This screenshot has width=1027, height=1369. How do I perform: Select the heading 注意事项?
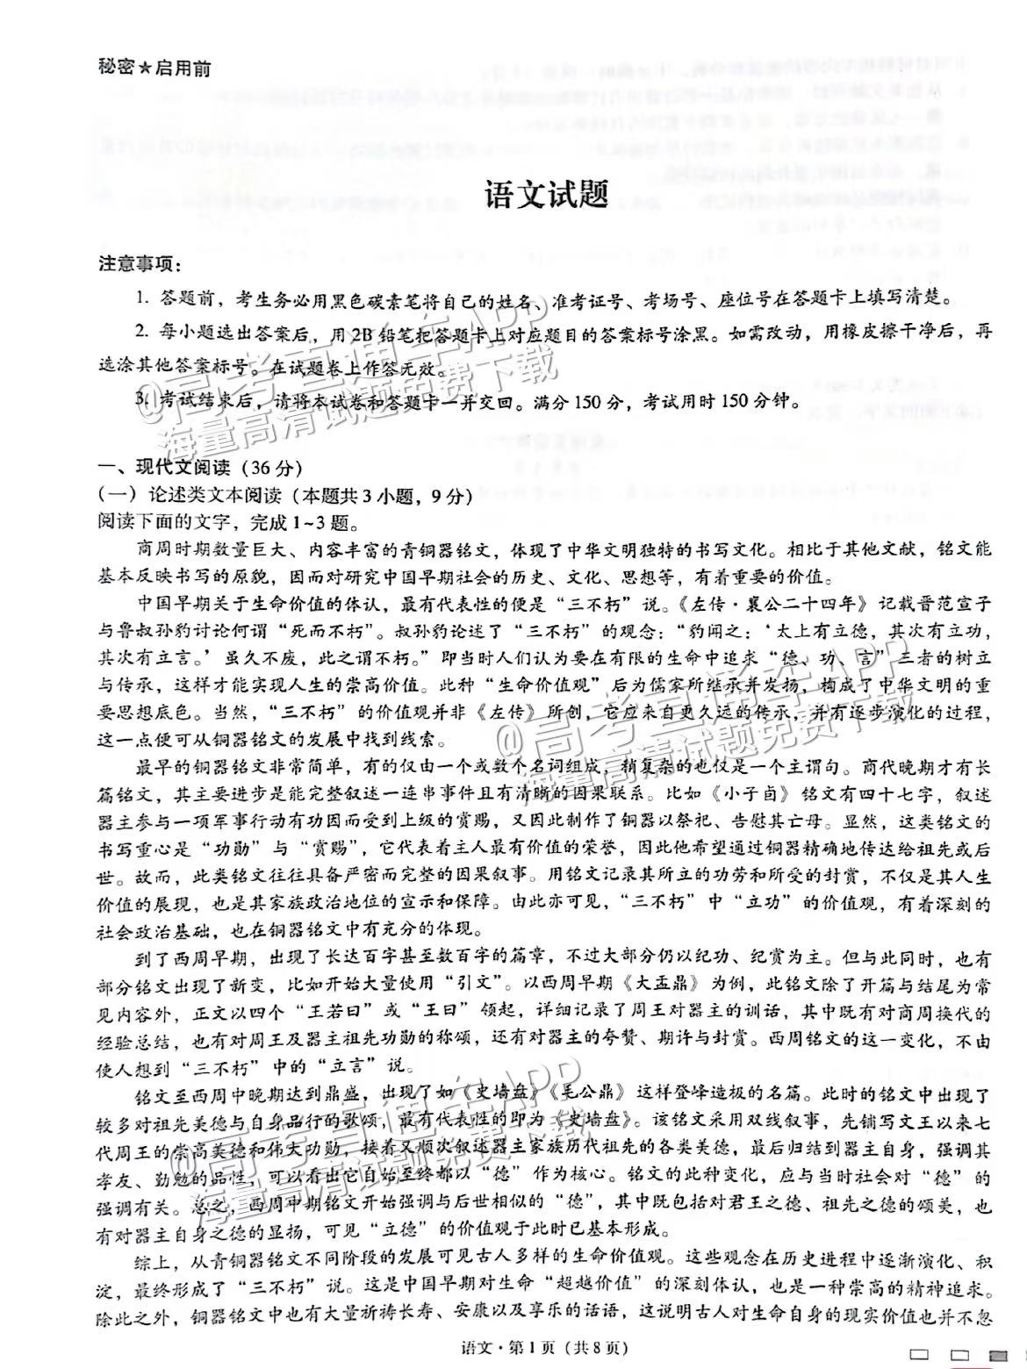click(x=135, y=263)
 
